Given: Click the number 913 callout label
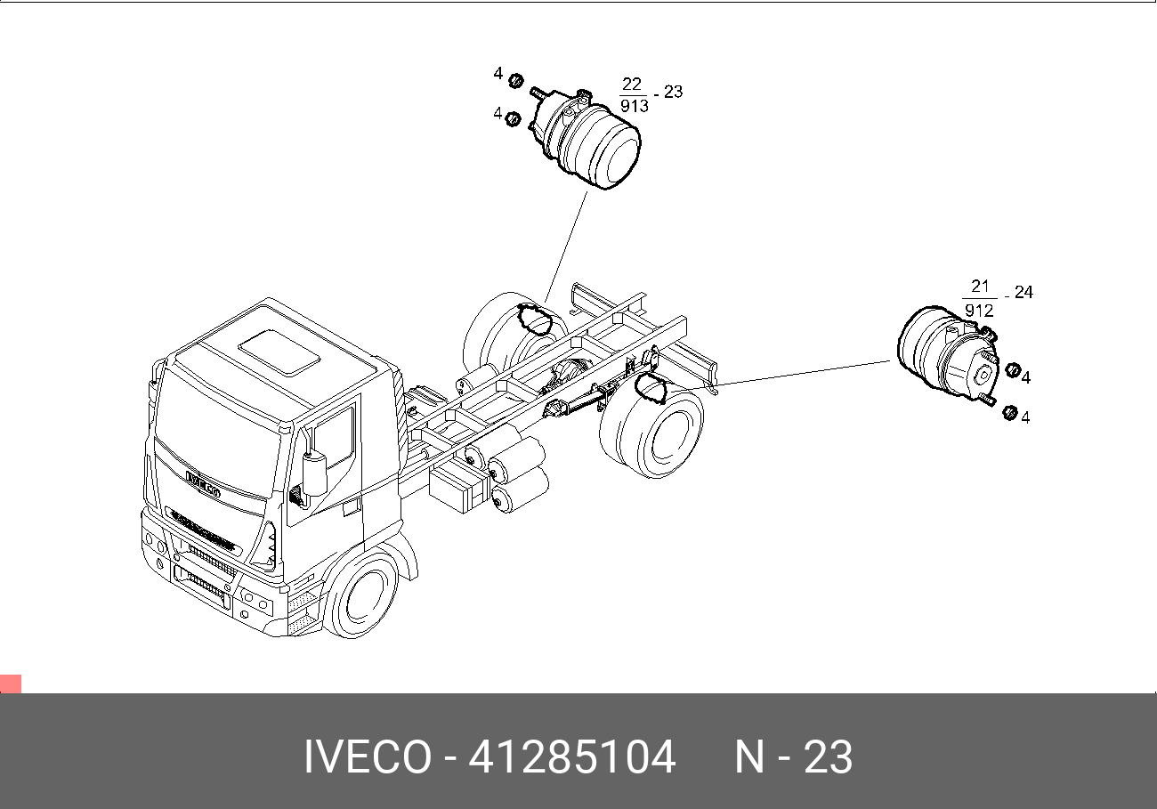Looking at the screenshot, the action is pyautogui.click(x=635, y=106).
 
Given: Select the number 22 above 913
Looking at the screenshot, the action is pyautogui.click(x=632, y=84).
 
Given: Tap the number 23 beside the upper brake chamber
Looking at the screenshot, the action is pyautogui.click(x=673, y=92).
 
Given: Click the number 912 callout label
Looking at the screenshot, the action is pyautogui.click(x=979, y=311).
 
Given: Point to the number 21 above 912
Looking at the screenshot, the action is pyautogui.click(x=980, y=286).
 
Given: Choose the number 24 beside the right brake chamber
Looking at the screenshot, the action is pyautogui.click(x=1023, y=293).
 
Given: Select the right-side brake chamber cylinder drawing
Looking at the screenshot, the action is pyautogui.click(x=948, y=358).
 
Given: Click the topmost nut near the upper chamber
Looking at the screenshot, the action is pyautogui.click(x=515, y=81).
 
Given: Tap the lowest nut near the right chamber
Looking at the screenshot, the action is pyautogui.click(x=1010, y=413).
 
